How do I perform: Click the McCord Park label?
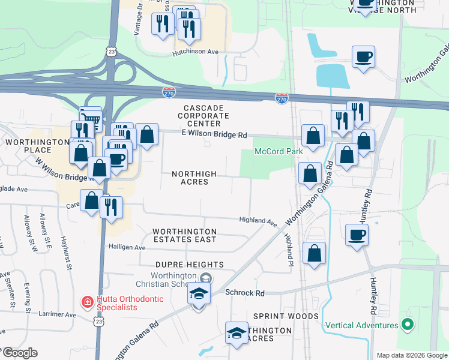(279, 151)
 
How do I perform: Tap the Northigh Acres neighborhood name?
(194, 178)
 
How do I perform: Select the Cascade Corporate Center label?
(203, 115)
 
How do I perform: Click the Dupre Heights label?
(190, 265)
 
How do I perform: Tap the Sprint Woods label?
(286, 316)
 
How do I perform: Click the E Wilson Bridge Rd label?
(214, 136)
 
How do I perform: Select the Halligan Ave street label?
(127, 247)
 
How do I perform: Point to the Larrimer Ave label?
(59, 314)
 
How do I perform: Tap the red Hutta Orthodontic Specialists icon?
(87, 302)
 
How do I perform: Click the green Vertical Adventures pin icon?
(408, 325)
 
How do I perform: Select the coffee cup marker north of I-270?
(363, 57)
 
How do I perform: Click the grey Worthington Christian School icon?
(206, 278)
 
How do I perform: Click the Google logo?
(19, 353)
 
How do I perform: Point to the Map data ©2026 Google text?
(412, 355)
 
